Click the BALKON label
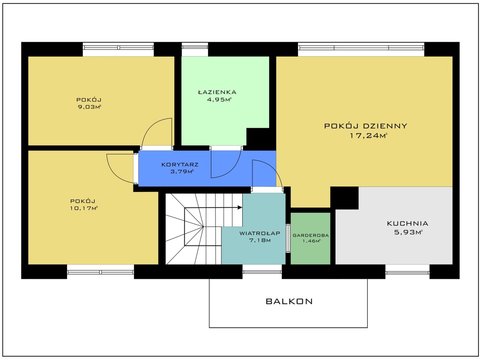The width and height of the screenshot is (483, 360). (289, 302)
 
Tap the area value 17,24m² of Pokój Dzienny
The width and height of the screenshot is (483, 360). (369, 135)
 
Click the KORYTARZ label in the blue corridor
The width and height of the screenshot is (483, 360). (180, 165)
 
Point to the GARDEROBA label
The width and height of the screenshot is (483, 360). (311, 235)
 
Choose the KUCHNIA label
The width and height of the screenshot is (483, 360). (408, 223)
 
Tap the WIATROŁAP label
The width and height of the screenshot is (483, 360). (260, 233)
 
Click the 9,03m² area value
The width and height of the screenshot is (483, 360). (89, 107)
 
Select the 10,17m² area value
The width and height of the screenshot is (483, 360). (84, 208)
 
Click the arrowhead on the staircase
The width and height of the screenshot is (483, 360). (240, 207)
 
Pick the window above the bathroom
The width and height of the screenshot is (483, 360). (195, 47)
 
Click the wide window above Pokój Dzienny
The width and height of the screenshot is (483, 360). (361, 48)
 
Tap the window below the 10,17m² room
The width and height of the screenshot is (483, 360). (100, 272)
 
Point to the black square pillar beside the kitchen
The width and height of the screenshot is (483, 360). (345, 198)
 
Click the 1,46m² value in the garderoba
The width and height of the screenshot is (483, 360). (311, 241)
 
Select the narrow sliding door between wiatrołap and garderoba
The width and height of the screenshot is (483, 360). (288, 238)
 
